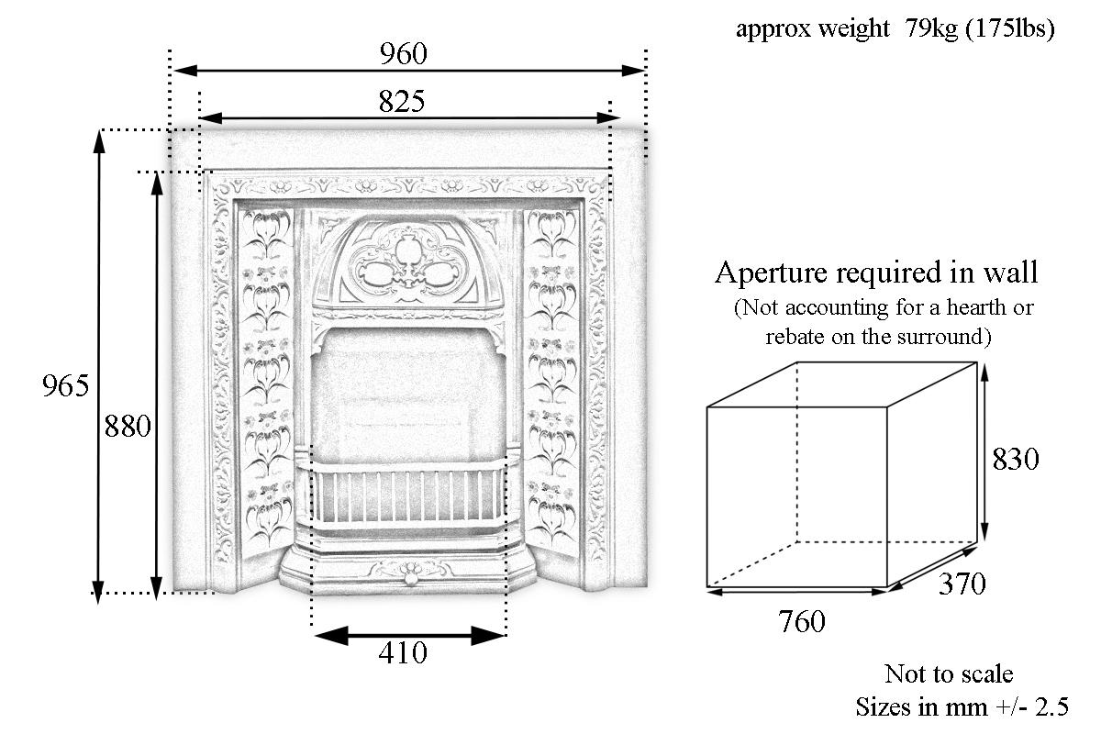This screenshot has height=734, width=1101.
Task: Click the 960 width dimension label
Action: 404,54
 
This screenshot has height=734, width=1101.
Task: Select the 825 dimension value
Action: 402,102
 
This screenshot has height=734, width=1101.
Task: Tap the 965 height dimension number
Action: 66,386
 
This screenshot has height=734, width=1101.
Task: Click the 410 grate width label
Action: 403,653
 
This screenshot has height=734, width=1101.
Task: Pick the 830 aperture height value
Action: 1016,459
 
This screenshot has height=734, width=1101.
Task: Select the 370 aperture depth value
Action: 962,584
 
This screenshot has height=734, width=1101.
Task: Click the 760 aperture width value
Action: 802,622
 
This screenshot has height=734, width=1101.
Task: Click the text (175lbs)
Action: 1009,29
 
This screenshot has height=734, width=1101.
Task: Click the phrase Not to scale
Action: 949,674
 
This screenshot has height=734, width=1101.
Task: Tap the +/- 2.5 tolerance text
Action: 1032,707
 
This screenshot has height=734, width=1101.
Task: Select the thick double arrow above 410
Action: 409,635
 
